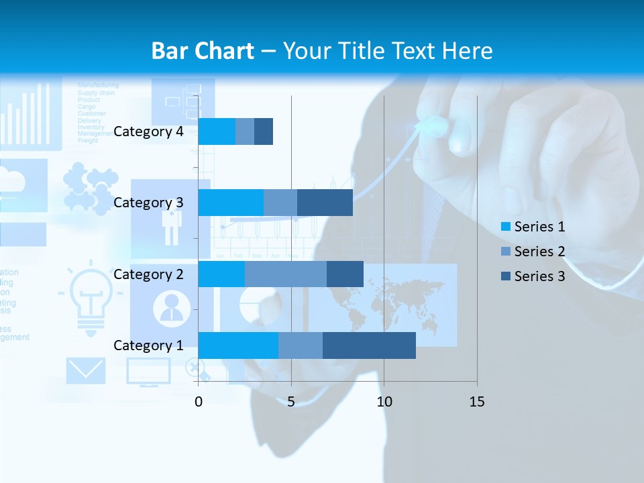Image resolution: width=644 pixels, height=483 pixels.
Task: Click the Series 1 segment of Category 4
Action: (x=217, y=131)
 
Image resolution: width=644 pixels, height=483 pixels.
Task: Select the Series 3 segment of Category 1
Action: (x=369, y=345)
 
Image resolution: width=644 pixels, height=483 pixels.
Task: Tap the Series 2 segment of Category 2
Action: (x=286, y=274)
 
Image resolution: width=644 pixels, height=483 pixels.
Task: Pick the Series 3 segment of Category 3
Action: (x=325, y=203)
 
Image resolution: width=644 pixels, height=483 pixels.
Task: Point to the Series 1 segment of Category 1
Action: (x=238, y=345)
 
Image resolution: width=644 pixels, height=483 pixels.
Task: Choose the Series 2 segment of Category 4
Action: (x=245, y=131)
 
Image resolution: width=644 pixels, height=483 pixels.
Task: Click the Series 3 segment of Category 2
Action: (x=345, y=274)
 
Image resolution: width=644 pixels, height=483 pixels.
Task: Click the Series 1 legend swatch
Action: (x=505, y=227)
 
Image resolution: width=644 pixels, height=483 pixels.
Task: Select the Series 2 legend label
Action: (x=539, y=252)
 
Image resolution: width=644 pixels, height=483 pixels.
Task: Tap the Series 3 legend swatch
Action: (x=505, y=276)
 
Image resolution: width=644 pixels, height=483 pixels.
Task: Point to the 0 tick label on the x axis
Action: (x=199, y=402)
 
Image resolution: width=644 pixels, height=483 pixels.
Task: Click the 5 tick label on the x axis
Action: (x=291, y=402)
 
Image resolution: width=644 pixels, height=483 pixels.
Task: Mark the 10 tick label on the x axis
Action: (x=384, y=402)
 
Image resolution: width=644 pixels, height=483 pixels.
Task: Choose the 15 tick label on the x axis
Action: (x=476, y=402)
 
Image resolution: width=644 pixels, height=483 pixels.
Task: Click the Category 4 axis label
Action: (x=148, y=131)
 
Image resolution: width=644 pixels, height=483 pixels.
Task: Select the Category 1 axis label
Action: (x=148, y=345)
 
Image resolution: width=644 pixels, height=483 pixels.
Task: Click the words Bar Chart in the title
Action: (x=203, y=51)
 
